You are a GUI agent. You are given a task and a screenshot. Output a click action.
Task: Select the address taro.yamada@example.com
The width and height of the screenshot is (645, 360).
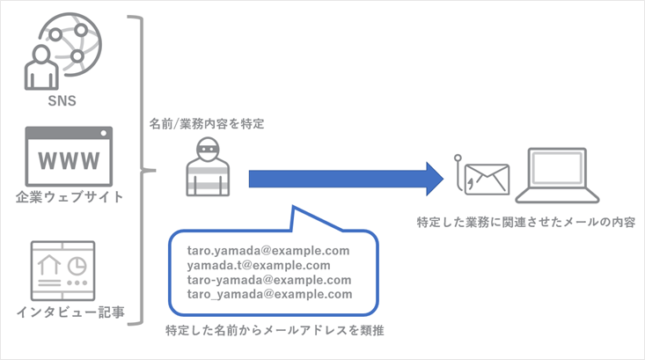[268, 251]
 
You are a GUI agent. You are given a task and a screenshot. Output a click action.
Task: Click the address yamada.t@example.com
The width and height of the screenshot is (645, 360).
[259, 266]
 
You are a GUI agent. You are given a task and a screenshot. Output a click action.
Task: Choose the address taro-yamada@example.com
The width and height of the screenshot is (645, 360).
[268, 280]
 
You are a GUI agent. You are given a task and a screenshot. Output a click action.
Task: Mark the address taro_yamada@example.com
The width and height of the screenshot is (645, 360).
[268, 295]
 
